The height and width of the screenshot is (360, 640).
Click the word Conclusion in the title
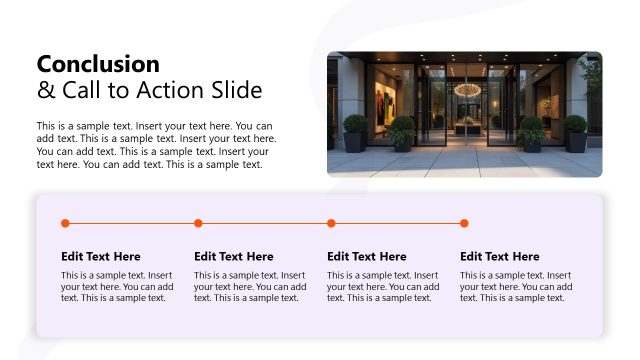coord(98,64)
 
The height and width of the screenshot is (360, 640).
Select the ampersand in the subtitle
coord(45,91)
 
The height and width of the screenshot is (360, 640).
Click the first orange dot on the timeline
coord(65,223)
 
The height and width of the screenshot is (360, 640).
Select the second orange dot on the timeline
coord(198,223)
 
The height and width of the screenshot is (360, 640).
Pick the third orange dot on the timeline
coord(331,223)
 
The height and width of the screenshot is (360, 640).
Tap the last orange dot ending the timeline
coord(464,223)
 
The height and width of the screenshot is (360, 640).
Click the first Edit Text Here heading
coord(101,257)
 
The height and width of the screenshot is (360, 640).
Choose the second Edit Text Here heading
coord(234,257)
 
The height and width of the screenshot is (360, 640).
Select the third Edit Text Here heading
coord(367,257)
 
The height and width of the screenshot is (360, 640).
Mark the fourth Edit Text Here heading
coord(500,257)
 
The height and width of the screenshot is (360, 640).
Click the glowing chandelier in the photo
coord(466,90)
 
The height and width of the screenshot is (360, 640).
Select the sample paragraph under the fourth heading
coord(516,286)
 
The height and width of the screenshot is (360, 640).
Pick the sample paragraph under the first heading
coord(117,286)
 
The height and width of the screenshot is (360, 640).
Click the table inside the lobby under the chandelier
coord(466,126)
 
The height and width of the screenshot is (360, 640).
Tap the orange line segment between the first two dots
coord(131,223)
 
